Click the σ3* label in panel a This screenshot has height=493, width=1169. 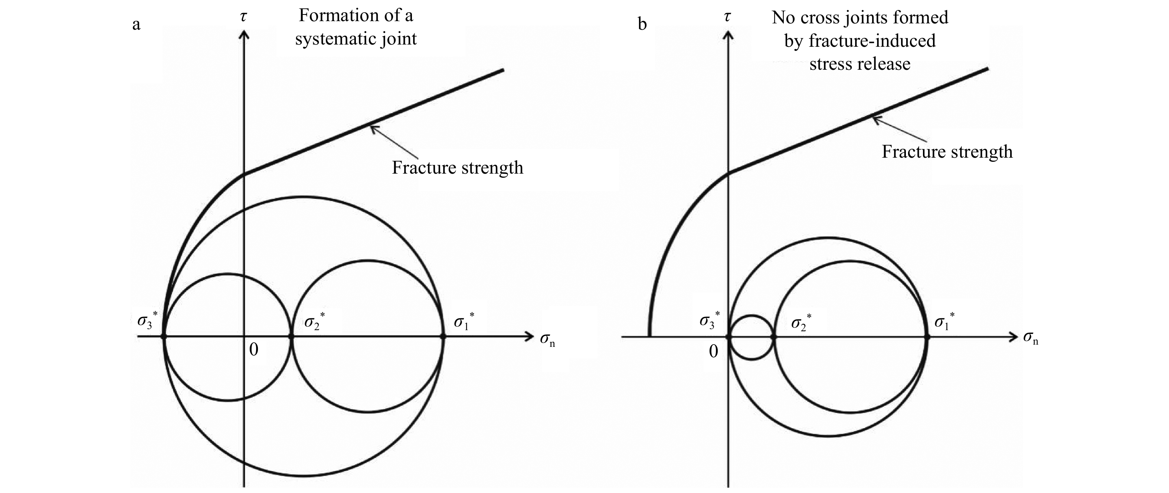click(147, 320)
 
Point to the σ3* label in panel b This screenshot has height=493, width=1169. click(709, 320)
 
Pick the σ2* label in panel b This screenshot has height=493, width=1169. click(801, 322)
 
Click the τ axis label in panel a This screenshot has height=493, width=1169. click(244, 17)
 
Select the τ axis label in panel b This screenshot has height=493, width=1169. click(727, 17)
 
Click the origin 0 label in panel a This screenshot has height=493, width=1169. click(254, 349)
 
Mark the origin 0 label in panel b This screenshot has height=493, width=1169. click(713, 352)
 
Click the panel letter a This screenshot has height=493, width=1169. click(136, 24)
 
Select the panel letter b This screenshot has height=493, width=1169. click(642, 24)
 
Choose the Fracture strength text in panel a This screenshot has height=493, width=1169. click(458, 168)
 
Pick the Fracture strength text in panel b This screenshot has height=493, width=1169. click(947, 151)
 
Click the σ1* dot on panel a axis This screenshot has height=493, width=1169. click(443, 336)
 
